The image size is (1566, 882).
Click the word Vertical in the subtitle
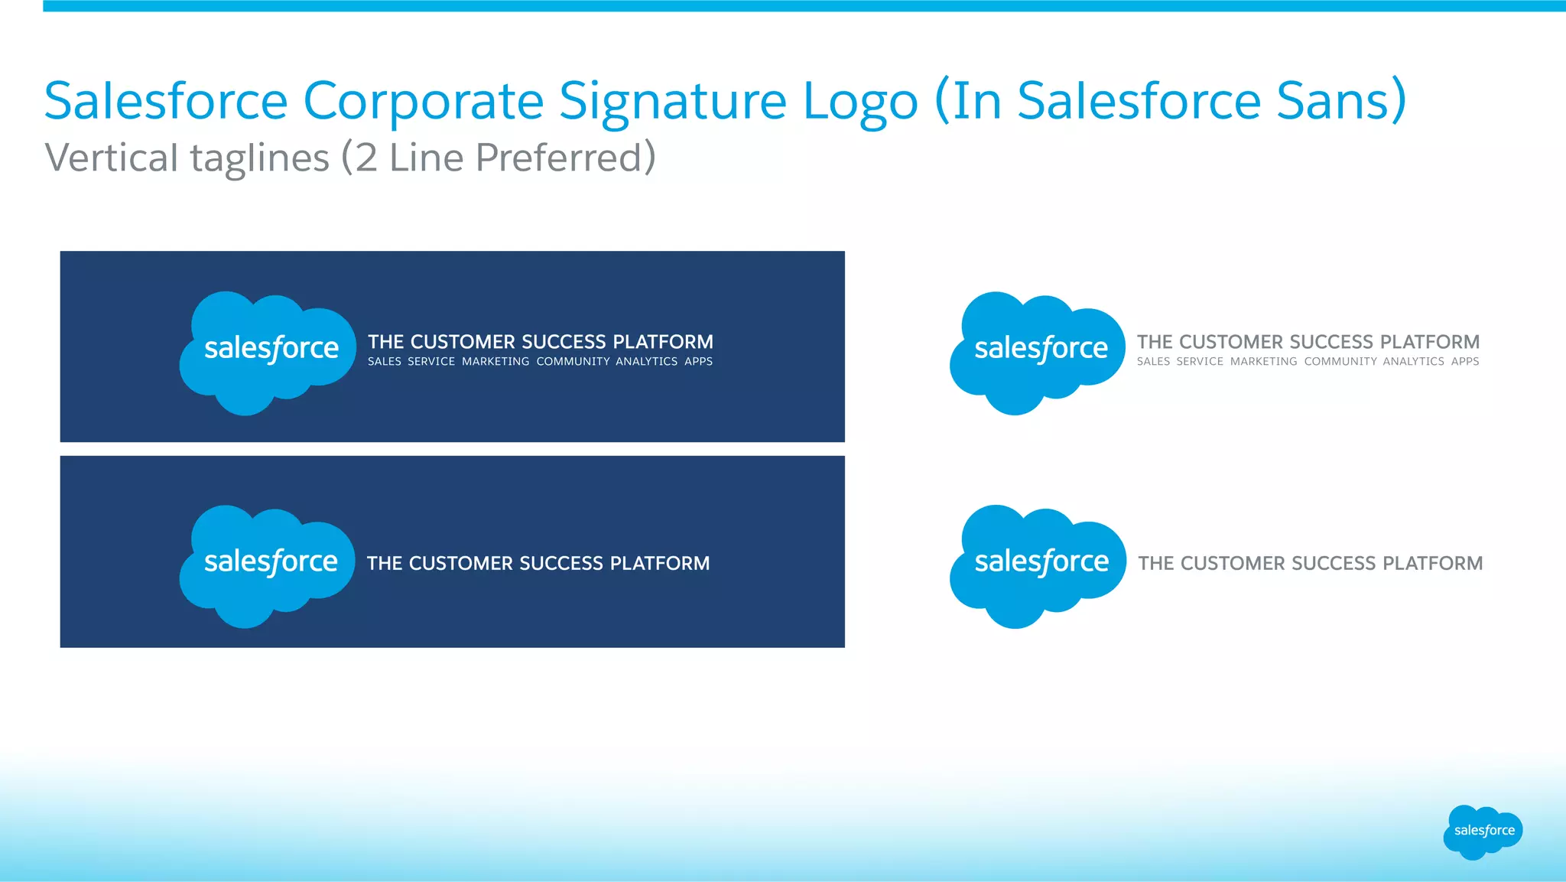(111, 158)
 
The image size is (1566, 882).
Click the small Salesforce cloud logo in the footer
(1483, 832)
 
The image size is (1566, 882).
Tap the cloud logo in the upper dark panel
(267, 353)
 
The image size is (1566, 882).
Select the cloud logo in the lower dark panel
(267, 566)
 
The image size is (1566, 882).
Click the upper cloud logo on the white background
(1037, 353)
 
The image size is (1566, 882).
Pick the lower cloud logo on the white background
(1037, 566)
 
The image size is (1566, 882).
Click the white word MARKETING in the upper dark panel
(495, 362)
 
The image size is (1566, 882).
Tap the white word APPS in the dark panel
(698, 362)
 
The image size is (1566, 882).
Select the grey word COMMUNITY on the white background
(1340, 362)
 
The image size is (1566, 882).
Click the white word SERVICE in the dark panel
(431, 362)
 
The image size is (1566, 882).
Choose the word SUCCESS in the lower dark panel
(561, 564)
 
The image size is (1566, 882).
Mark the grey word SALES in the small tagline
(1153, 362)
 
